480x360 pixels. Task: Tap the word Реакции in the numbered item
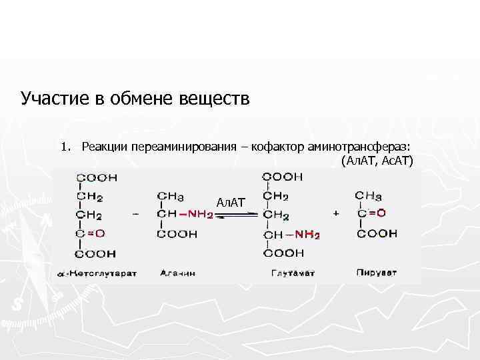105,146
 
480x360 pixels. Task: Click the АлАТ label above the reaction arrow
231,201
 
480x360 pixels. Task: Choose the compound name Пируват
377,273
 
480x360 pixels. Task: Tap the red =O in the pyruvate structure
377,213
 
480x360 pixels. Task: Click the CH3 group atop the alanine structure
171,196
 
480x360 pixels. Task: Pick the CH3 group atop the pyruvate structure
369,195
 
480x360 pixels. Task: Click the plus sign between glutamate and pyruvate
335,213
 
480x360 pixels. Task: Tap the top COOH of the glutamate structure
283,177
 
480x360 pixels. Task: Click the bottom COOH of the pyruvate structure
377,233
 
